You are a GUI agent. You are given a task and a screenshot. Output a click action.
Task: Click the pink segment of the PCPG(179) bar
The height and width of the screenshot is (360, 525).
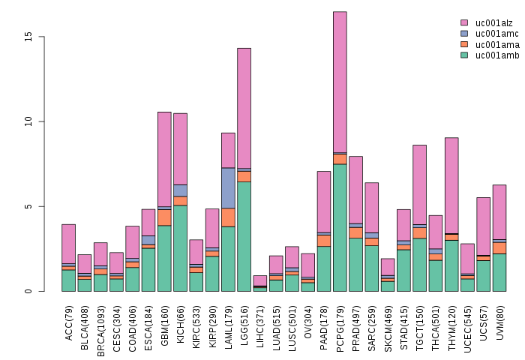[x=340, y=82]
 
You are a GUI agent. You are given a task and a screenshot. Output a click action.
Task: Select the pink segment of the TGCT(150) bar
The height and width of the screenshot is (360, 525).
[x=419, y=184]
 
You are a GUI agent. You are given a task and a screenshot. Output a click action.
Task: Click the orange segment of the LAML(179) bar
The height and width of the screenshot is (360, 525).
[x=228, y=217]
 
